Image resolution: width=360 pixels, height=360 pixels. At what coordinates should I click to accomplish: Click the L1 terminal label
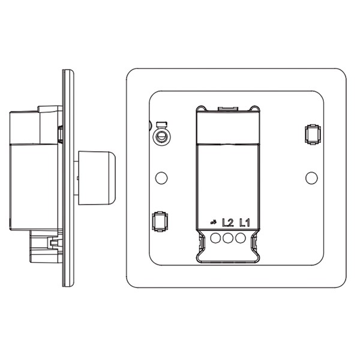tap(245, 223)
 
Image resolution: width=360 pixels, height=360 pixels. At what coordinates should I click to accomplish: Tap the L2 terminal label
tap(228, 223)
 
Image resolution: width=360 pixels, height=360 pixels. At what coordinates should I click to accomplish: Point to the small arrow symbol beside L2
tap(213, 222)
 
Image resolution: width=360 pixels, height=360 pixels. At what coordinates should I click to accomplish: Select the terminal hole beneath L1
tap(241, 238)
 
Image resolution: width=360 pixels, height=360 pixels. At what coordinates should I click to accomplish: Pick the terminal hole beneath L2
tap(228, 238)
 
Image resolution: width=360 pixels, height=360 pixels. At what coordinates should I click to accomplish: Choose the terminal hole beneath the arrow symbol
tap(215, 238)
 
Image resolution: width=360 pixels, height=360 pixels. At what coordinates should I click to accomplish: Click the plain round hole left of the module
tap(161, 178)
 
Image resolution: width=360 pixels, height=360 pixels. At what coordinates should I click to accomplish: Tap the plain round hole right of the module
tap(311, 178)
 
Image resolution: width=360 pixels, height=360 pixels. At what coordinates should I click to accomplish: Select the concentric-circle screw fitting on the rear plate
tap(161, 137)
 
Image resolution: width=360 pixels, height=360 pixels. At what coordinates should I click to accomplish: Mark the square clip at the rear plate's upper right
tap(313, 134)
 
